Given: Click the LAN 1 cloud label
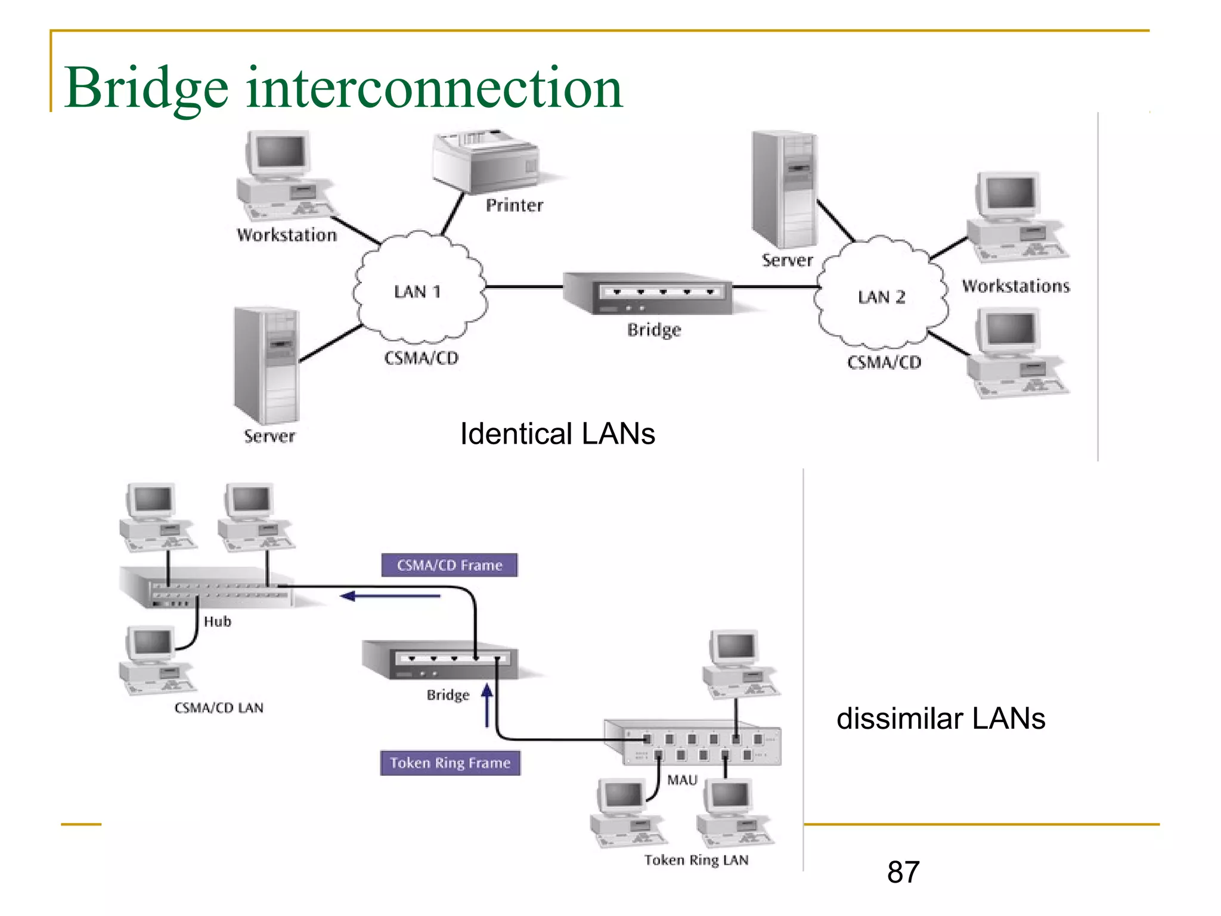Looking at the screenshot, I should point(417,292).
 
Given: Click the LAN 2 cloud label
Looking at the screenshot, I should point(881,297).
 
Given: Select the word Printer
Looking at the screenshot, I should point(514,206).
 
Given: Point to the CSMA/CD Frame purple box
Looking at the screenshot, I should point(450,565).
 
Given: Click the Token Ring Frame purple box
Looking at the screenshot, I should point(450,763).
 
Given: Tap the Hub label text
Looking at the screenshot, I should point(217,621).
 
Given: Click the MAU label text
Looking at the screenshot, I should point(682,780).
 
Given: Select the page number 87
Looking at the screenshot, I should point(903,872).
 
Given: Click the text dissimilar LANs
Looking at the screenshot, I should point(940,719).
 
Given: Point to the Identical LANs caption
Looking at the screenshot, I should point(557,434).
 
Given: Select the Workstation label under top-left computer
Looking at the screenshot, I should point(287,235).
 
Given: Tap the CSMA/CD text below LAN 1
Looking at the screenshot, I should point(421,358).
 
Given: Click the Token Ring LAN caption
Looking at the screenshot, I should point(696,860).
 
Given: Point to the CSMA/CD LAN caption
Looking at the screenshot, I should point(219,708).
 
